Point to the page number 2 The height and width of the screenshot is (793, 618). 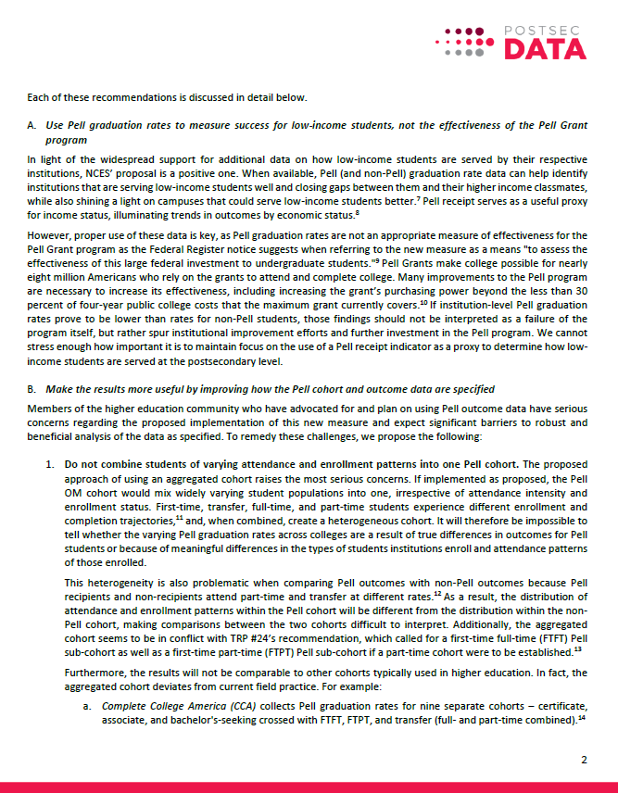584,760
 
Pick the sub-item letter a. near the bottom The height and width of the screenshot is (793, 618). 86,706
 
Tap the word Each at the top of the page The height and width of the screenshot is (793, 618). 39,98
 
